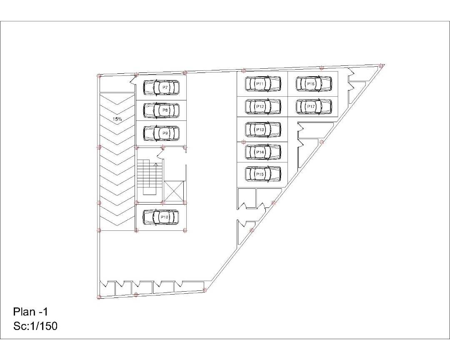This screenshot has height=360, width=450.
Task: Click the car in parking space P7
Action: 161,87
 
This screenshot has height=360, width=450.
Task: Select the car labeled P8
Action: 161,110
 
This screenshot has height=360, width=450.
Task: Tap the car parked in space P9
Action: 161,133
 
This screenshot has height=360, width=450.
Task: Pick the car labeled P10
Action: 161,217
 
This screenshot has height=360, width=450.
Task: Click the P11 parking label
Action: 260,84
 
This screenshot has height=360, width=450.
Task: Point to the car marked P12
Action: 263,106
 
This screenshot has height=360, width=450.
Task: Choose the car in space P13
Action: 263,130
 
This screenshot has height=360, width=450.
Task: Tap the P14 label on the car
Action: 260,152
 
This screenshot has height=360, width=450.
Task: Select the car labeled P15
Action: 263,174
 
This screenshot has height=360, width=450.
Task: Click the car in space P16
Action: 314,84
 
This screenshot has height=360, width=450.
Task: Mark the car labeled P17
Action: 314,106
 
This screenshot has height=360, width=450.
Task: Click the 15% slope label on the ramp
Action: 117,119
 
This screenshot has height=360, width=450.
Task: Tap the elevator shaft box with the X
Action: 174,190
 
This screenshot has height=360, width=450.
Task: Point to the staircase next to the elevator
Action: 150,177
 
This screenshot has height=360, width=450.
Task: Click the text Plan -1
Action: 30,312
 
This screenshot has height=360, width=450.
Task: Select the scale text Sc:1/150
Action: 35,326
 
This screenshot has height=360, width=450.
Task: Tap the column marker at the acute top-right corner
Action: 381,66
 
